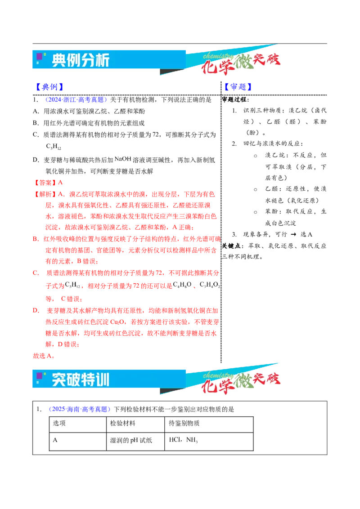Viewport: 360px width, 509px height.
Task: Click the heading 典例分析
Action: (x=81, y=60)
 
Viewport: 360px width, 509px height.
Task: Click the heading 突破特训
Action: (x=81, y=380)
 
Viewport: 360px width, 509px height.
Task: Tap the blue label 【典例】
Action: (x=49, y=87)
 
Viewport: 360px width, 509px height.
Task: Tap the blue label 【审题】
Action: (x=238, y=87)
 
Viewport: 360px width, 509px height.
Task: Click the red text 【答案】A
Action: (x=48, y=183)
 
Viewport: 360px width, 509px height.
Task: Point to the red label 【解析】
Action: (x=45, y=194)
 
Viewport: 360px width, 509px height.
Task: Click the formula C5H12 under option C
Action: (x=53, y=147)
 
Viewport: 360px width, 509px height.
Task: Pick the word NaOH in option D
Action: (x=123, y=159)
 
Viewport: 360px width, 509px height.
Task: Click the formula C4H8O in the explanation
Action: (x=182, y=285)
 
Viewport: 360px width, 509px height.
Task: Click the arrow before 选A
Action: (x=293, y=234)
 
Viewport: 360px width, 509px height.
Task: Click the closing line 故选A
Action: (x=44, y=356)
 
